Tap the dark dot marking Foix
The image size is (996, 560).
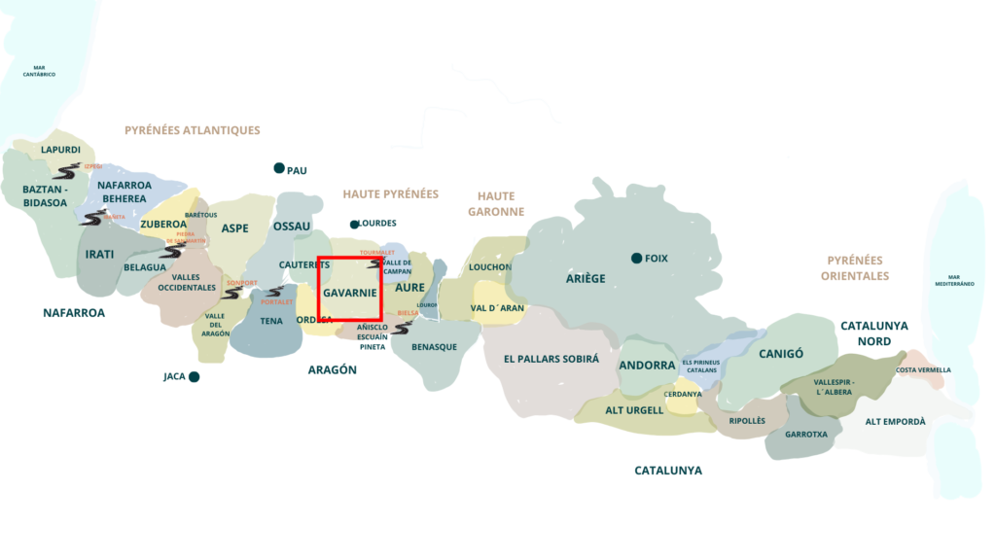[636, 258]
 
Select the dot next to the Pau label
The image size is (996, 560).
[279, 168]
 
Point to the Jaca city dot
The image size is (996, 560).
[195, 376]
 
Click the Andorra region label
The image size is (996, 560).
[647, 366]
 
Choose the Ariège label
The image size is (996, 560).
[586, 278]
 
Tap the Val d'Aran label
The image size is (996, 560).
[497, 307]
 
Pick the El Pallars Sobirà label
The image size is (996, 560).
[551, 358]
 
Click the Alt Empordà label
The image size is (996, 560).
[895, 422]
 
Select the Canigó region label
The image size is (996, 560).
[781, 354]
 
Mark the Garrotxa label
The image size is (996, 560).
[805, 434]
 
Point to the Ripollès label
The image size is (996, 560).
[747, 420]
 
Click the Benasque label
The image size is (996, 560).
[434, 347]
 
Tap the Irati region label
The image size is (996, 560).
[99, 254]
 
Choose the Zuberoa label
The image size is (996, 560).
[162, 224]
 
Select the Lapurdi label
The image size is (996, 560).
[60, 150]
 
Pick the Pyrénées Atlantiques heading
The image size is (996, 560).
[193, 129]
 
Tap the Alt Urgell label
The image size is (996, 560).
[634, 410]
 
